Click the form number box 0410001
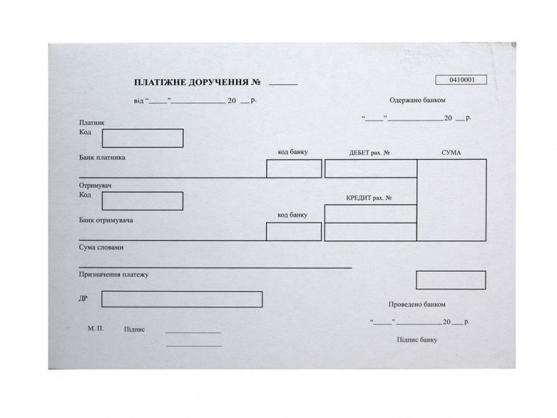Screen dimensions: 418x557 [x=461, y=79]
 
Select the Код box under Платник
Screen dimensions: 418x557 [x=143, y=138]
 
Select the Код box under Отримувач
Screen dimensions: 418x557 [x=143, y=201]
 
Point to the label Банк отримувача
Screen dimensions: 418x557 [x=106, y=220]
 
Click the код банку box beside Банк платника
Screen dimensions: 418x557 [x=294, y=169]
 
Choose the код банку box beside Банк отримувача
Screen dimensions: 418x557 [x=294, y=231]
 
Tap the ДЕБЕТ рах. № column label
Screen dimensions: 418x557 [x=369, y=153]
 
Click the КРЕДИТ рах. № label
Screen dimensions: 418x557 [x=370, y=198]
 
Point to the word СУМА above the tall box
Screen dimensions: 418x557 [x=450, y=153]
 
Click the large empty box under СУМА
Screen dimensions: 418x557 [x=451, y=200]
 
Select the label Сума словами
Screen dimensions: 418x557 [x=102, y=247]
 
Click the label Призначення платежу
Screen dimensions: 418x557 [x=114, y=274]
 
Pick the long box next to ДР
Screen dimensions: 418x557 [x=182, y=299]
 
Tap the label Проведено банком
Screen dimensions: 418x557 [x=416, y=304]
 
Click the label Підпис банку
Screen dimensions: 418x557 [x=417, y=339]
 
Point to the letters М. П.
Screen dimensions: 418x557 [x=96, y=327]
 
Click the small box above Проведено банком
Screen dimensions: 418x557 [x=451, y=279]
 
